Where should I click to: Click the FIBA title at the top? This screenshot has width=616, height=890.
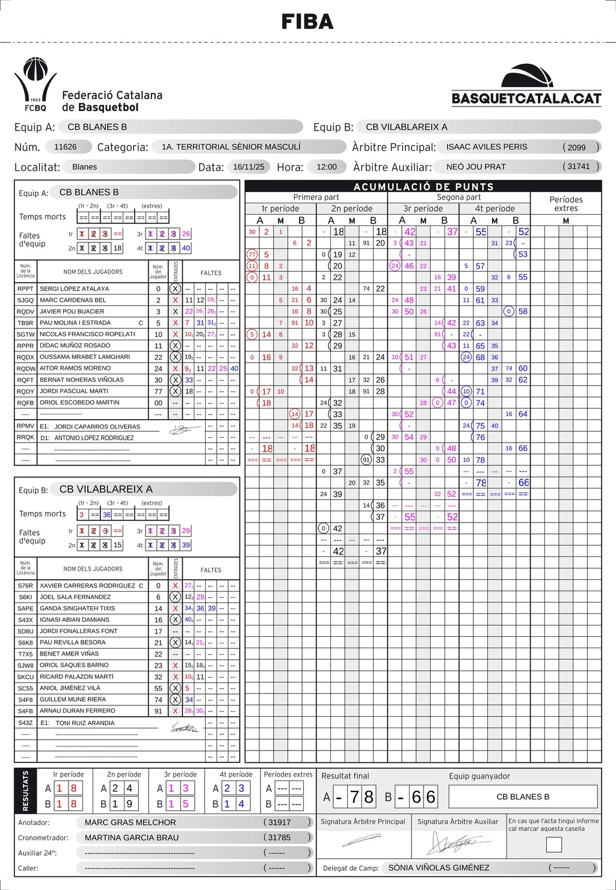tap(307, 22)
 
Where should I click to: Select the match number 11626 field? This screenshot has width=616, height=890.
tap(66, 147)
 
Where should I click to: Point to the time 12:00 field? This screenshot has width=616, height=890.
tap(327, 167)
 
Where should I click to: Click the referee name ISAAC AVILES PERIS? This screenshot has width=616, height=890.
tap(487, 147)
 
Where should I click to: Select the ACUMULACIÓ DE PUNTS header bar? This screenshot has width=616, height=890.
tap(423, 186)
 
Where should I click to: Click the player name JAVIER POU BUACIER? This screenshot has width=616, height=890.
tap(72, 311)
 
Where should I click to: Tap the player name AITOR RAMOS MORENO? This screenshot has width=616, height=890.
tap(75, 368)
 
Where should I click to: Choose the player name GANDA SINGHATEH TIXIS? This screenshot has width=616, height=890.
tap(77, 609)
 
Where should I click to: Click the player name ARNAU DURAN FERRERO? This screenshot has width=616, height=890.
tap(77, 711)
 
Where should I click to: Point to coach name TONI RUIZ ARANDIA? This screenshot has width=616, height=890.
tap(85, 723)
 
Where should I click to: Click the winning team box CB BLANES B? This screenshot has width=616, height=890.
tap(523, 797)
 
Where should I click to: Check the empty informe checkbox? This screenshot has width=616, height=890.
tap(553, 845)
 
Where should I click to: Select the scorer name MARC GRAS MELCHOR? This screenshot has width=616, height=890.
tap(131, 822)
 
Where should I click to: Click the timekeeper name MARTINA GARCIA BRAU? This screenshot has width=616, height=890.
tap(132, 838)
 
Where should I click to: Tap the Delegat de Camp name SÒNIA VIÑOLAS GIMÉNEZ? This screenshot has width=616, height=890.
tap(439, 868)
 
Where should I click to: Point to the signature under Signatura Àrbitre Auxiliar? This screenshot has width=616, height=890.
tap(457, 844)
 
